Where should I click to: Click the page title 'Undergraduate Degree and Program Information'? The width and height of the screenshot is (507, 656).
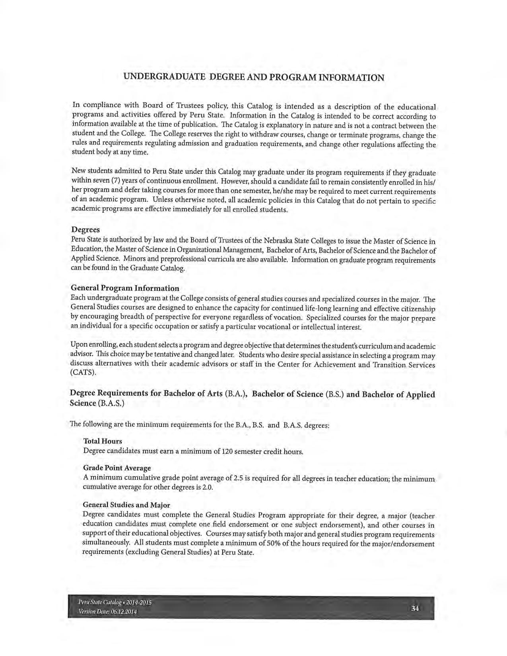tap(254, 77)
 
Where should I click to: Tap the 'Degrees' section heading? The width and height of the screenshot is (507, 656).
tap(85, 230)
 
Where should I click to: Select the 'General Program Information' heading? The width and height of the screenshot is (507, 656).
tap(125, 288)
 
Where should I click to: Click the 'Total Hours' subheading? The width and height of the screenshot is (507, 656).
tap(103, 441)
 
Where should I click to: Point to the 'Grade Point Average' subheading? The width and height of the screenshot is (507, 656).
tap(117, 468)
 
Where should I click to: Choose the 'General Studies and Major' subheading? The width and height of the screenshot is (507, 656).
tap(126, 505)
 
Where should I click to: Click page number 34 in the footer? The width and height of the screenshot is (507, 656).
tap(416, 608)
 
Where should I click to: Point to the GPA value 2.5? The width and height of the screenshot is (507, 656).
tap(238, 478)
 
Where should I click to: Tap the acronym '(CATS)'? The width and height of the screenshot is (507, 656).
tap(83, 373)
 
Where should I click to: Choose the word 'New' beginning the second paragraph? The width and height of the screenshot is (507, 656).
tap(78, 171)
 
